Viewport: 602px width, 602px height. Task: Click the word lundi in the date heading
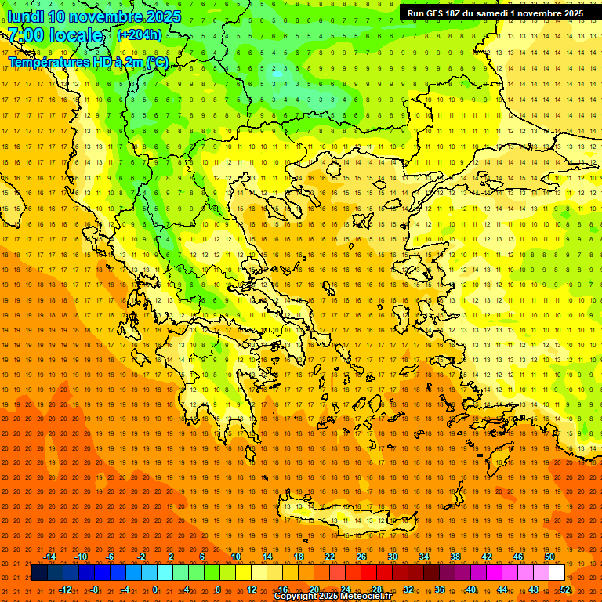26,16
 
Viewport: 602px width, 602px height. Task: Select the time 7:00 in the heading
26,35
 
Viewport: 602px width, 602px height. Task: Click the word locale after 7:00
75,35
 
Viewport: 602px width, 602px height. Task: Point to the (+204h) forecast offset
139,34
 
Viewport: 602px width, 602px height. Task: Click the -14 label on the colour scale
49,557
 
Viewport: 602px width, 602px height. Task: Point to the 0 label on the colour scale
155,589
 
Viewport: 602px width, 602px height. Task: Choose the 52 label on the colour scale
565,589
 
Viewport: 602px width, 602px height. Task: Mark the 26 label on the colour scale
361,557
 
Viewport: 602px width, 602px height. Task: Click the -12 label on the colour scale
66,589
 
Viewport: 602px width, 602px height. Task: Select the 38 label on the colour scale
455,557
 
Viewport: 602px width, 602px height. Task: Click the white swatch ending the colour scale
557,573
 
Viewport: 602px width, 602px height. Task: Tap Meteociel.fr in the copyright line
361,597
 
